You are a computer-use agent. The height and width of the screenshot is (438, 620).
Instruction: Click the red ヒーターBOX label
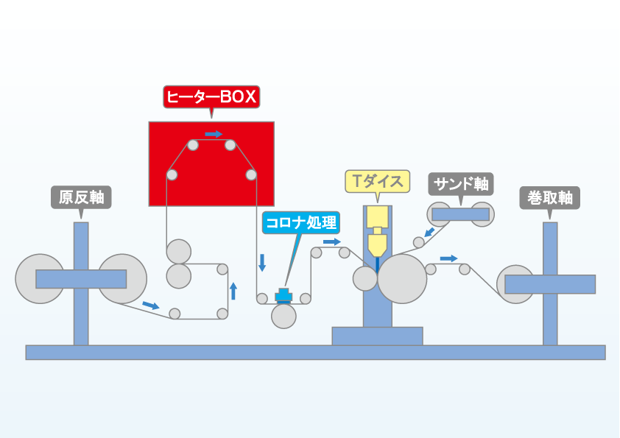(211, 97)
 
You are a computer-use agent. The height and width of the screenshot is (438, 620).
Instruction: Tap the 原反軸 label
(81, 197)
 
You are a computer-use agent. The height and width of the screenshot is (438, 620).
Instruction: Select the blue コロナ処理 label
(301, 222)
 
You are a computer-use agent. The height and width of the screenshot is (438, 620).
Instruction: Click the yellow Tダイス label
(378, 181)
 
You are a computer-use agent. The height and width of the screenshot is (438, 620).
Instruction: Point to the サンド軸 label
(461, 184)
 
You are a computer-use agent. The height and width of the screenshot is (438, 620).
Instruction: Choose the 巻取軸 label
(549, 198)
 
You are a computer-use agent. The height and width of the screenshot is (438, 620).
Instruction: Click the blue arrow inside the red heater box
(214, 134)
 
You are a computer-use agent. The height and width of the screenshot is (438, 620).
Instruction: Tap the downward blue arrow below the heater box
(261, 263)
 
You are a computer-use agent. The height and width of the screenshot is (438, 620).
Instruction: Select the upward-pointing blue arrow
(233, 291)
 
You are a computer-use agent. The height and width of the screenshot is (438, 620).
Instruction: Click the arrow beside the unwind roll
(151, 305)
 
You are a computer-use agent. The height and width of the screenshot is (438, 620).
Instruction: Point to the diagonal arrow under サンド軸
(429, 232)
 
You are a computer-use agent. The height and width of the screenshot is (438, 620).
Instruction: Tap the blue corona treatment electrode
(283, 295)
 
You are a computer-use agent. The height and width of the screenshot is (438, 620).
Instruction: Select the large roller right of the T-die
(402, 279)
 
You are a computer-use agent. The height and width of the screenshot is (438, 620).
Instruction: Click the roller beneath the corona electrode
(283, 317)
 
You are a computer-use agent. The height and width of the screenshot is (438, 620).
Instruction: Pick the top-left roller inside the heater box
(193, 145)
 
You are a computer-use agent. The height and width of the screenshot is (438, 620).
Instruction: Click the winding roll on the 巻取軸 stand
(516, 284)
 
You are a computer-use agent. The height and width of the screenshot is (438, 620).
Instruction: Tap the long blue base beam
(316, 352)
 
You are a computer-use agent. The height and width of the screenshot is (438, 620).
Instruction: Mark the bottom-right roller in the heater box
(251, 174)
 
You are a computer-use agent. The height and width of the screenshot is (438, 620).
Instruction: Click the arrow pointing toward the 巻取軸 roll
(448, 258)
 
